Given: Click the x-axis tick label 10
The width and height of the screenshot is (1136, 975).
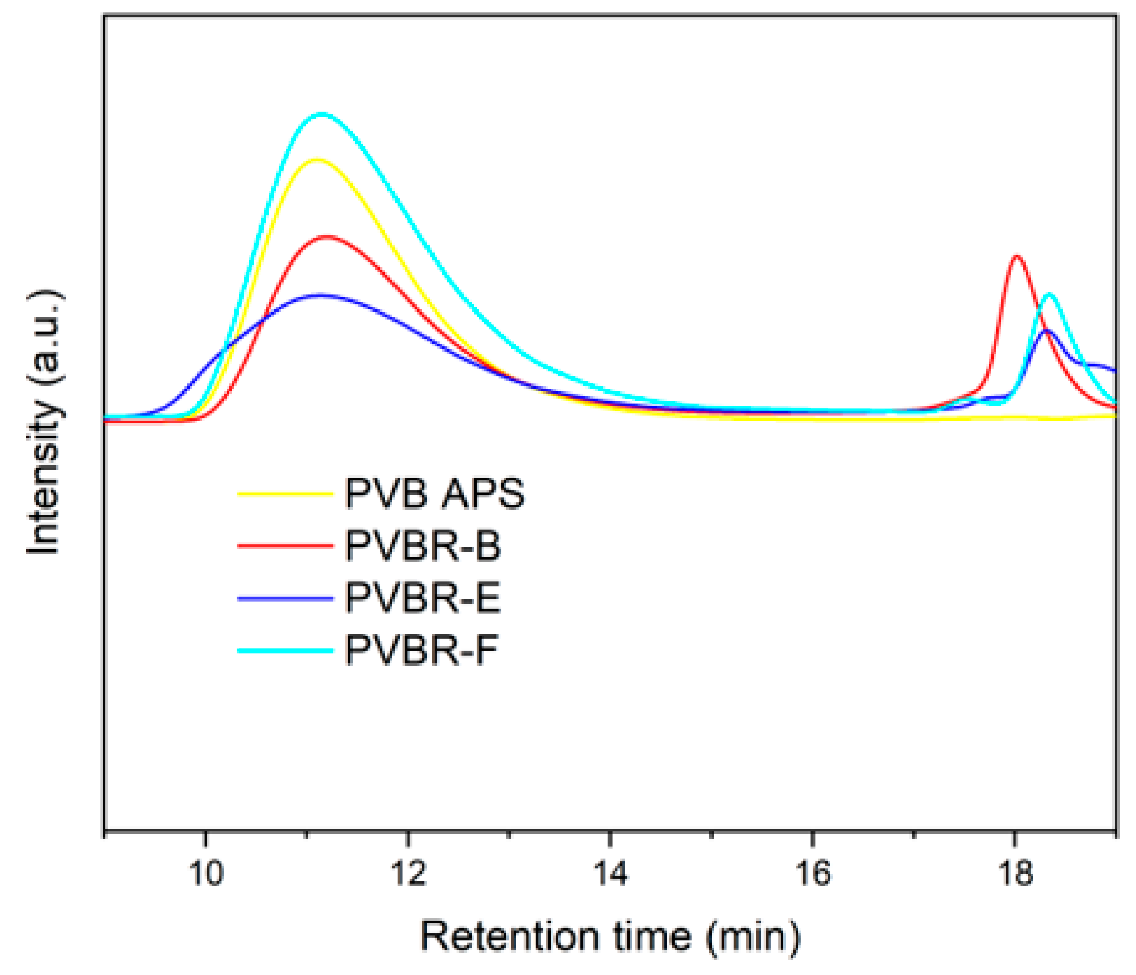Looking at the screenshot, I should click(206, 873).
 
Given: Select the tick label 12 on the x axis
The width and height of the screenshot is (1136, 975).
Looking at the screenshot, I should click(408, 873).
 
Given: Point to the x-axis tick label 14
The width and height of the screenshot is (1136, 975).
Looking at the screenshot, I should click(610, 873).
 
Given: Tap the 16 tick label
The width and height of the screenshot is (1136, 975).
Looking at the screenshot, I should click(812, 873).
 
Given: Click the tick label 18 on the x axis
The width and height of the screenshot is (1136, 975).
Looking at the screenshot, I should click(1014, 873).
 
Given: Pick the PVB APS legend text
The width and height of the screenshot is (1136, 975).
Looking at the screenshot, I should click(435, 493).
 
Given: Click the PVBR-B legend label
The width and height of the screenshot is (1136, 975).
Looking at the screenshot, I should click(423, 545).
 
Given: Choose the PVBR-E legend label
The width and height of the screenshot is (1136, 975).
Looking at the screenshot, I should click(423, 598).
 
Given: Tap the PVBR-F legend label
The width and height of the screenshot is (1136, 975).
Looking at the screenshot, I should click(421, 650).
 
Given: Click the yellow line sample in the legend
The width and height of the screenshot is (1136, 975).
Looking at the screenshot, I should click(285, 494).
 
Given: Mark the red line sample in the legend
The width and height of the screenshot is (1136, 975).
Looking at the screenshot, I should click(285, 545).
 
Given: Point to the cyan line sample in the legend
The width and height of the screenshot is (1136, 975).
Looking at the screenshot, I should click(285, 650).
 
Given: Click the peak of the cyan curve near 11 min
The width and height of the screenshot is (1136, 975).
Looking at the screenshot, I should click(321, 114).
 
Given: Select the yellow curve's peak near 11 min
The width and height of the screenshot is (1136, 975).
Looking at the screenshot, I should click(317, 160).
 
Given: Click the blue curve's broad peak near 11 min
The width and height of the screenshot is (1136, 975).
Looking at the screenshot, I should click(320, 295).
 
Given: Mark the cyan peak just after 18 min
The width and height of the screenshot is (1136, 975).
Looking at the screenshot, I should click(1049, 294).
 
